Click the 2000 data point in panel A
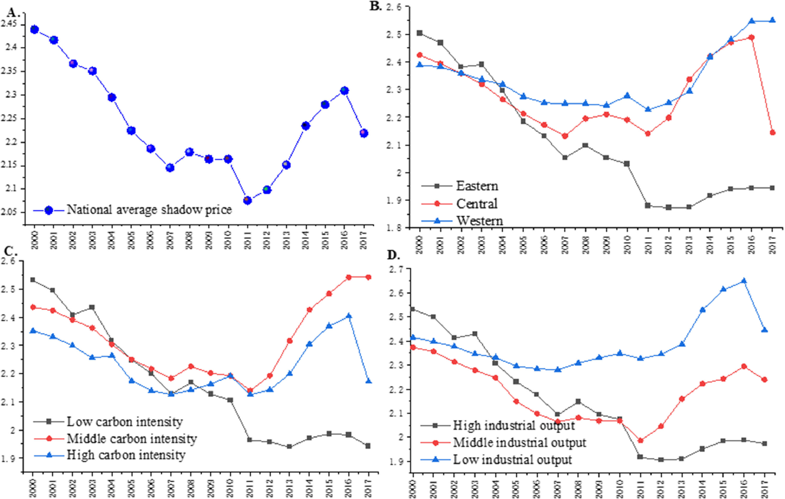click(x=34, y=30)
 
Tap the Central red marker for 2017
click(x=772, y=132)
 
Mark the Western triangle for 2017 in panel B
click(x=772, y=29)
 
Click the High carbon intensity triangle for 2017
click(x=368, y=381)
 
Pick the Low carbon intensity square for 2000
click(x=33, y=280)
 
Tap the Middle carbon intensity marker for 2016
click(x=349, y=277)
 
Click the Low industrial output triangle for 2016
click(x=744, y=281)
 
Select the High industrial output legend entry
click(x=514, y=425)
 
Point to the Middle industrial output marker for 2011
click(x=640, y=441)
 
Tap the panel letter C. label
click(x=10, y=251)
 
